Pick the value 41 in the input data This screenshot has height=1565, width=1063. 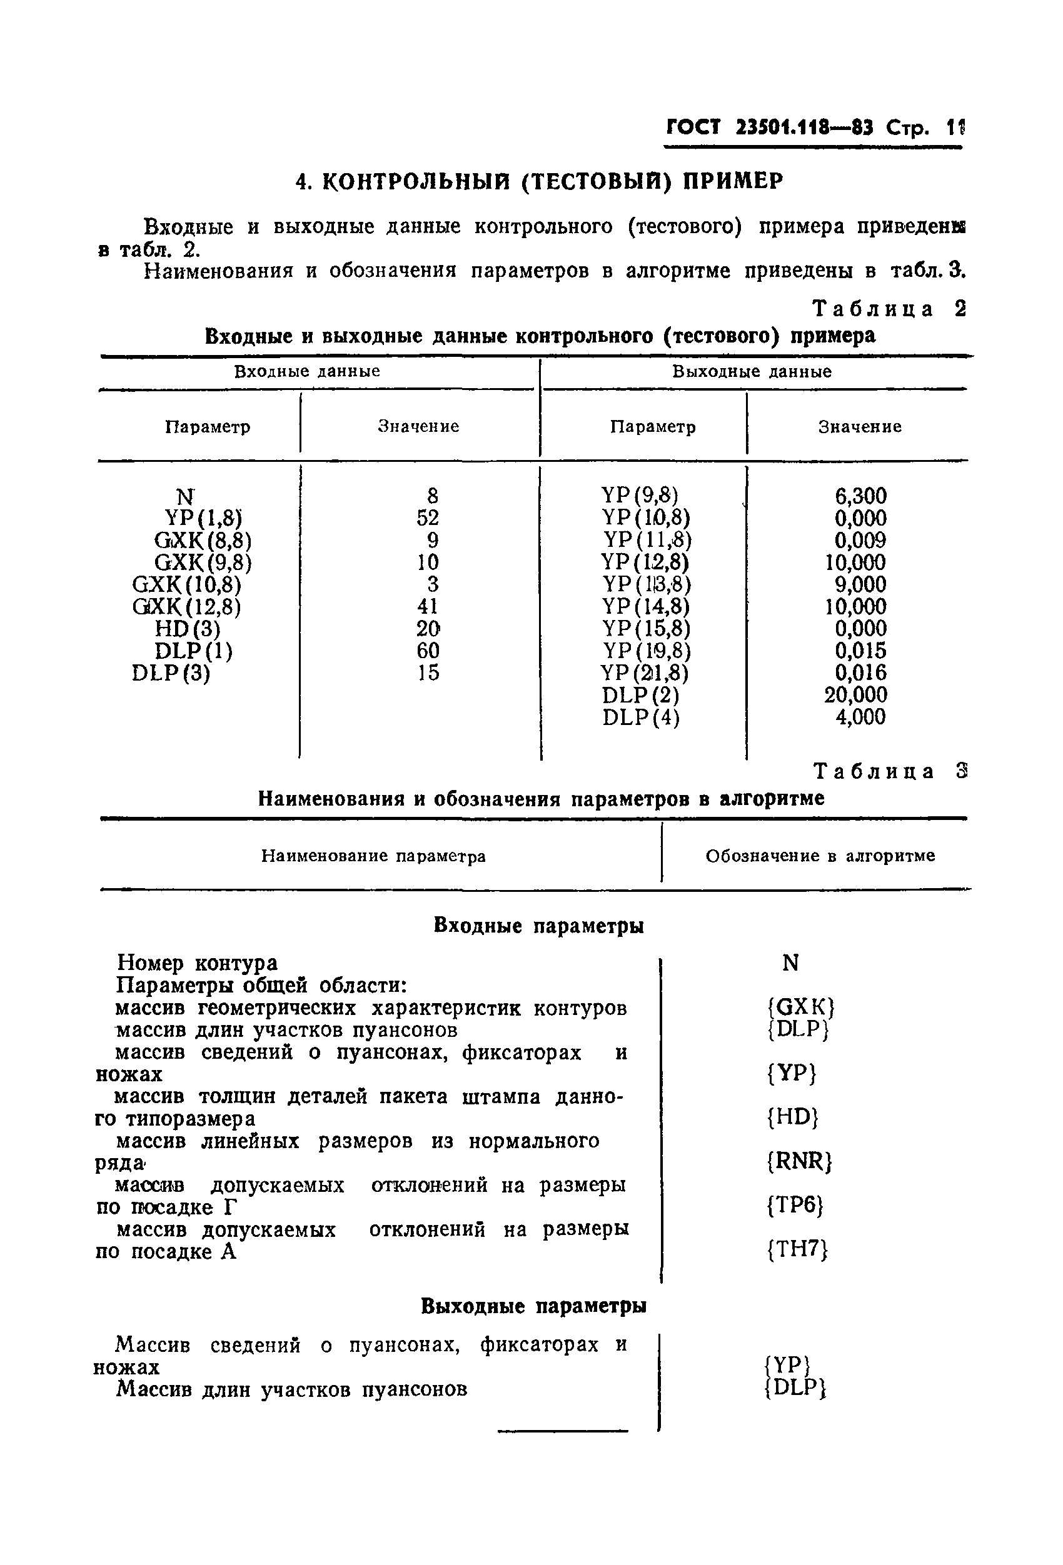tap(428, 607)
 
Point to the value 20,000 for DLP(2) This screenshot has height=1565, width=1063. tap(855, 695)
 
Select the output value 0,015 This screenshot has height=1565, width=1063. tap(860, 651)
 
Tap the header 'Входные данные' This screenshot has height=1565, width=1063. tap(307, 372)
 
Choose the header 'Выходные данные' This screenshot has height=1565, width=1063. tap(752, 372)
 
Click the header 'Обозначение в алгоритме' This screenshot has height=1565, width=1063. tap(820, 856)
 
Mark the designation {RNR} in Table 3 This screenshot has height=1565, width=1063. tap(800, 1161)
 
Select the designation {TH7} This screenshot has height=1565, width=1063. tap(797, 1249)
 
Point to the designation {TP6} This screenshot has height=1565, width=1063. tap(795, 1205)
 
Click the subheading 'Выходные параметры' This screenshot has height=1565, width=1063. tap(533, 1306)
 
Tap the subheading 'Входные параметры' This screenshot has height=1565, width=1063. tap(538, 926)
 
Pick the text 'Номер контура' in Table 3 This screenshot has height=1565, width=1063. tap(197, 963)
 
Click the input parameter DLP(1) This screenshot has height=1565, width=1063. tap(193, 651)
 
